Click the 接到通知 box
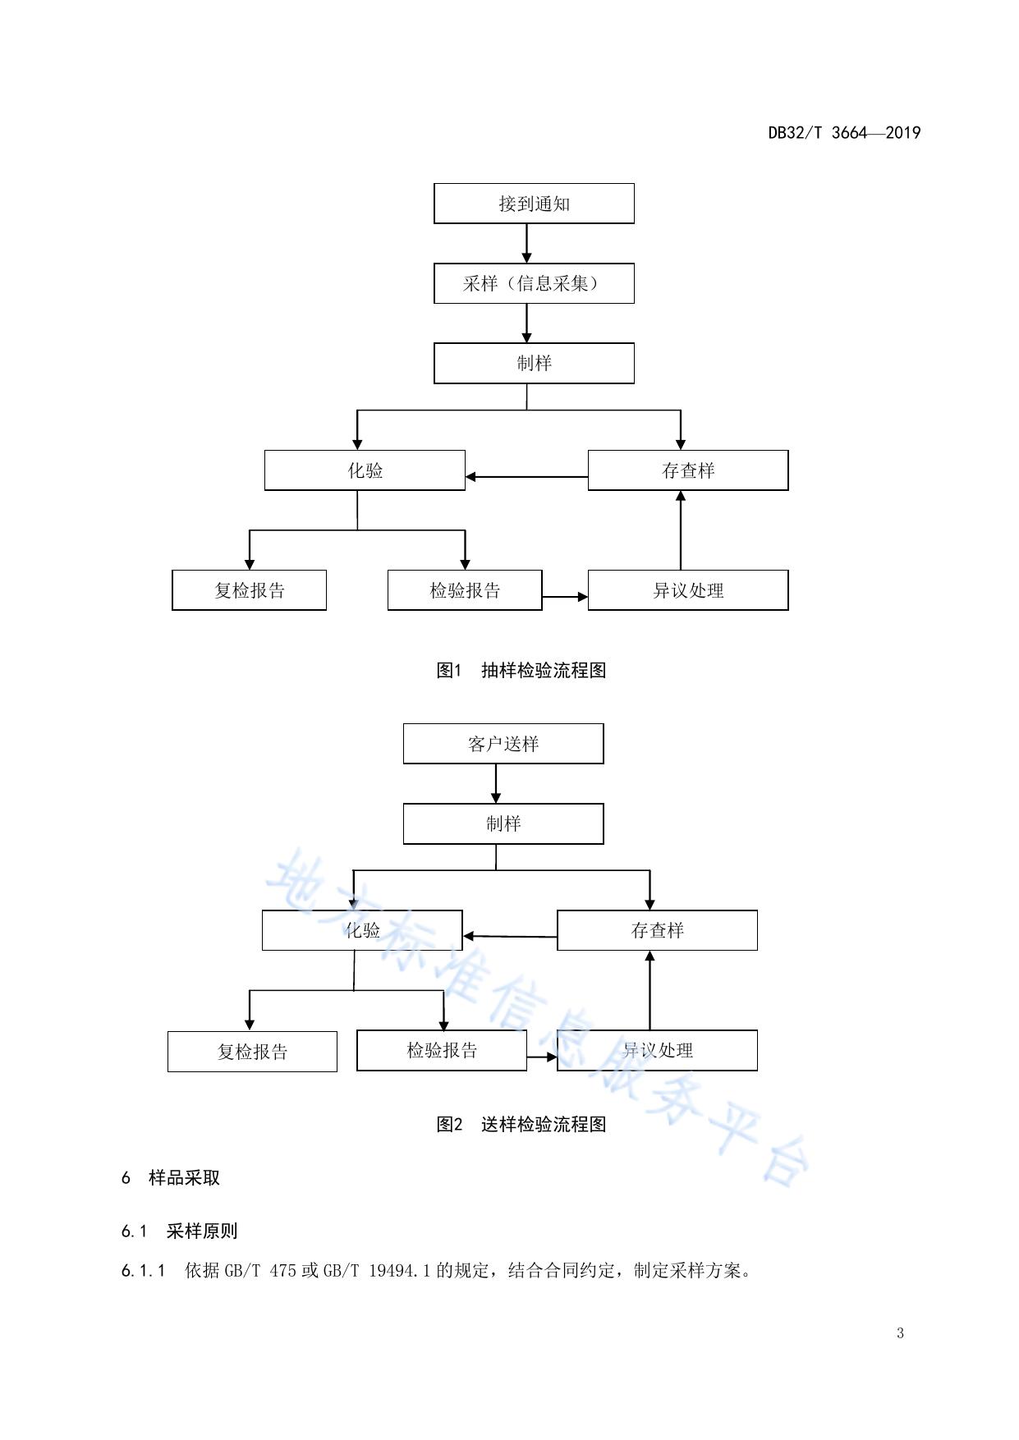pyautogui.click(x=534, y=204)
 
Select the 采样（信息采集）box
pyautogui.click(x=534, y=283)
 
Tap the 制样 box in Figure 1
pyautogui.click(x=534, y=363)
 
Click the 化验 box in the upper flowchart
pyautogui.click(x=365, y=470)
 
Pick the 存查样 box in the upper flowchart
pyautogui.click(x=688, y=470)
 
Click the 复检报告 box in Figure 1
pyautogui.click(x=249, y=590)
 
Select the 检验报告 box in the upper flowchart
pyautogui.click(x=465, y=590)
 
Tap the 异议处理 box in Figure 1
pyautogui.click(x=688, y=590)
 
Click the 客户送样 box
pyautogui.click(x=503, y=744)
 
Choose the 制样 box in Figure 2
pyautogui.click(x=503, y=823)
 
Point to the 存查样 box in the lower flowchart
pyautogui.click(x=657, y=930)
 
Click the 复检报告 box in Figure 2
pyautogui.click(x=252, y=1052)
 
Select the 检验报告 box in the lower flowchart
pyautogui.click(x=442, y=1050)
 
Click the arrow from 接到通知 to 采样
pyautogui.click(x=527, y=243)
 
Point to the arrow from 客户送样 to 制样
pyautogui.click(x=496, y=783)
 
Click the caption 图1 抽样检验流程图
pyautogui.click(x=521, y=670)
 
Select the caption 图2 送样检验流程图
pyautogui.click(x=521, y=1124)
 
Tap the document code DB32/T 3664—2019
pyautogui.click(x=844, y=133)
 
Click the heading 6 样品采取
pyautogui.click(x=171, y=1177)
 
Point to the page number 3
pyautogui.click(x=900, y=1332)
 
